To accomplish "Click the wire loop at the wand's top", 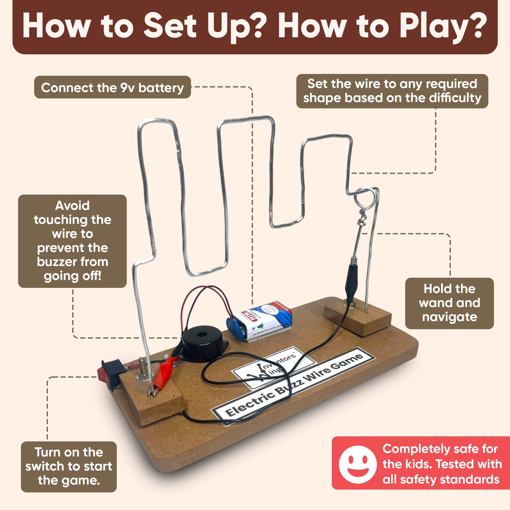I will [365, 198].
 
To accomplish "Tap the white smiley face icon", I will [358, 465].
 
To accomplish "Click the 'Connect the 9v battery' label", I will [112, 87].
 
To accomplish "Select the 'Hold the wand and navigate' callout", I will [449, 303].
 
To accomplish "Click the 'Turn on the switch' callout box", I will [69, 466].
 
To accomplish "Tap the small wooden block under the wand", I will [358, 320].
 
